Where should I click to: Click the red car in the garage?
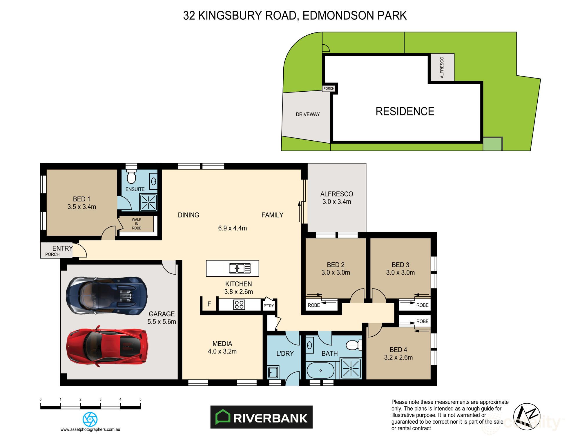pos(107,347)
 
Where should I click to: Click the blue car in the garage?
pos(107,295)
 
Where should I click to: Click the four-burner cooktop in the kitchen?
pos(239,305)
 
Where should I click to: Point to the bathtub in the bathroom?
pos(320,371)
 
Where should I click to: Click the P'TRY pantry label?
pos(269,306)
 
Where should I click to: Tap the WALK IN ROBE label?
pos(137,224)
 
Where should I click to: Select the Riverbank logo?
pos(261,417)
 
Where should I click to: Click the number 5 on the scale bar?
pos(140,399)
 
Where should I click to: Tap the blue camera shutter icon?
pos(90,419)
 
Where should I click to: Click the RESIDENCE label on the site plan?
pos(405,111)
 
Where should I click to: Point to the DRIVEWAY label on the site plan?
pos(308,115)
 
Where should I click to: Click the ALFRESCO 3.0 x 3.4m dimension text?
pos(337,202)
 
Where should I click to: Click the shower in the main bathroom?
pos(351,368)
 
